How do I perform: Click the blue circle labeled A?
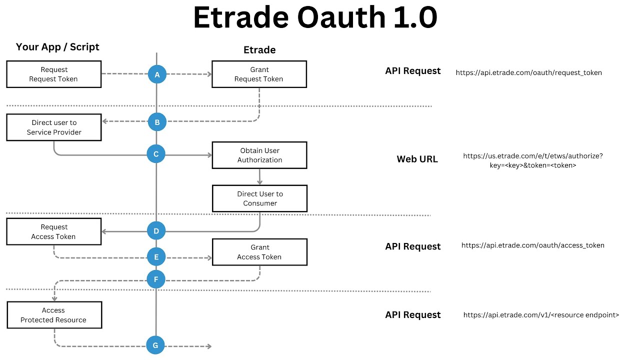click(157, 74)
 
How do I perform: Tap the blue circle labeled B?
click(157, 121)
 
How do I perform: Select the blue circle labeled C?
click(156, 154)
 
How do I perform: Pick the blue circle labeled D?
click(156, 231)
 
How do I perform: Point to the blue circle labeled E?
click(156, 257)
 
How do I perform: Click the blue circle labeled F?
click(156, 279)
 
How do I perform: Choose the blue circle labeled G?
click(155, 345)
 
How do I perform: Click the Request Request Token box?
click(54, 74)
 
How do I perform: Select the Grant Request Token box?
click(259, 74)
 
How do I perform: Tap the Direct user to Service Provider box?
click(54, 127)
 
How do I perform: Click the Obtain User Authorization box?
click(259, 155)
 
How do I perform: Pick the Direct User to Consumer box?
click(259, 198)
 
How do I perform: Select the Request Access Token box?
click(54, 231)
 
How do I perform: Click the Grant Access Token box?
click(259, 252)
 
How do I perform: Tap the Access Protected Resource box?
click(54, 315)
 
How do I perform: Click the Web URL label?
click(417, 159)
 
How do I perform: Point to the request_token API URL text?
click(528, 72)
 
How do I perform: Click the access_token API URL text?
click(532, 245)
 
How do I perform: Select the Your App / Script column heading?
click(57, 47)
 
